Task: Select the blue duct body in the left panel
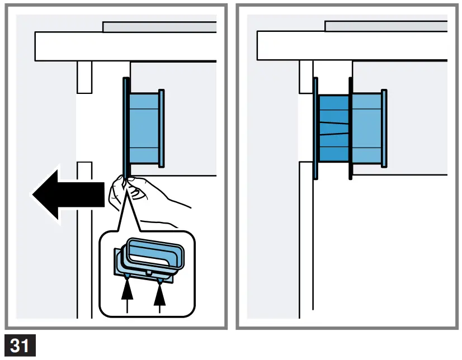tap(144, 127)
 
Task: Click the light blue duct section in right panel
tap(367, 127)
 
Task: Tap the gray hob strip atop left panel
tap(159, 27)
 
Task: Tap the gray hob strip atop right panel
tap(386, 26)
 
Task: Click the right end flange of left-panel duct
tap(162, 127)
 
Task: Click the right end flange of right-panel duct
tap(384, 127)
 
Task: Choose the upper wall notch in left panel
tap(84, 77)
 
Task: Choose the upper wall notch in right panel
tap(306, 77)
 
